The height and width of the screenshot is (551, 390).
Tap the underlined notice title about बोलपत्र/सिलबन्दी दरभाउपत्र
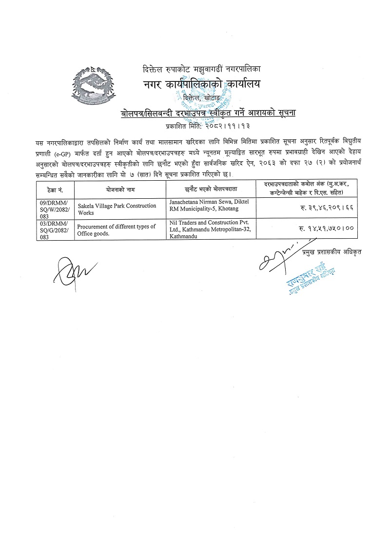click(x=209, y=114)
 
